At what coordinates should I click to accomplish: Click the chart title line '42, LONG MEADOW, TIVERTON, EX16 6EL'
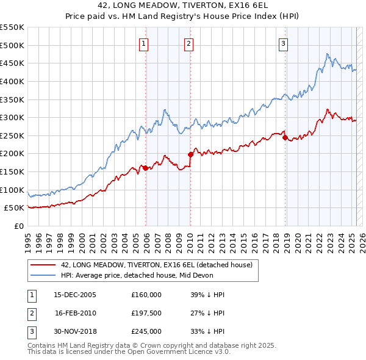(182, 5)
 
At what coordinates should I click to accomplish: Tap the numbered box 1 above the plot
(143, 43)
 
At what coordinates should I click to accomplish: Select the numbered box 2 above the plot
(188, 43)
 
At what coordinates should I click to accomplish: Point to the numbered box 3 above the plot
(284, 43)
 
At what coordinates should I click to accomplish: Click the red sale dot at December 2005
(145, 168)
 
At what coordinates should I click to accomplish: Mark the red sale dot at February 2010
(190, 154)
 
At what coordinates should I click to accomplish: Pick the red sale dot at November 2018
(285, 137)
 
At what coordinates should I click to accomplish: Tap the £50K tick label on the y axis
(15, 208)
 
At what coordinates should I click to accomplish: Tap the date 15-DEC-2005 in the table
(75, 295)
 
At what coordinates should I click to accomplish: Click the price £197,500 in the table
(146, 313)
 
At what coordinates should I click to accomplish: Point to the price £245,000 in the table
(146, 331)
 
